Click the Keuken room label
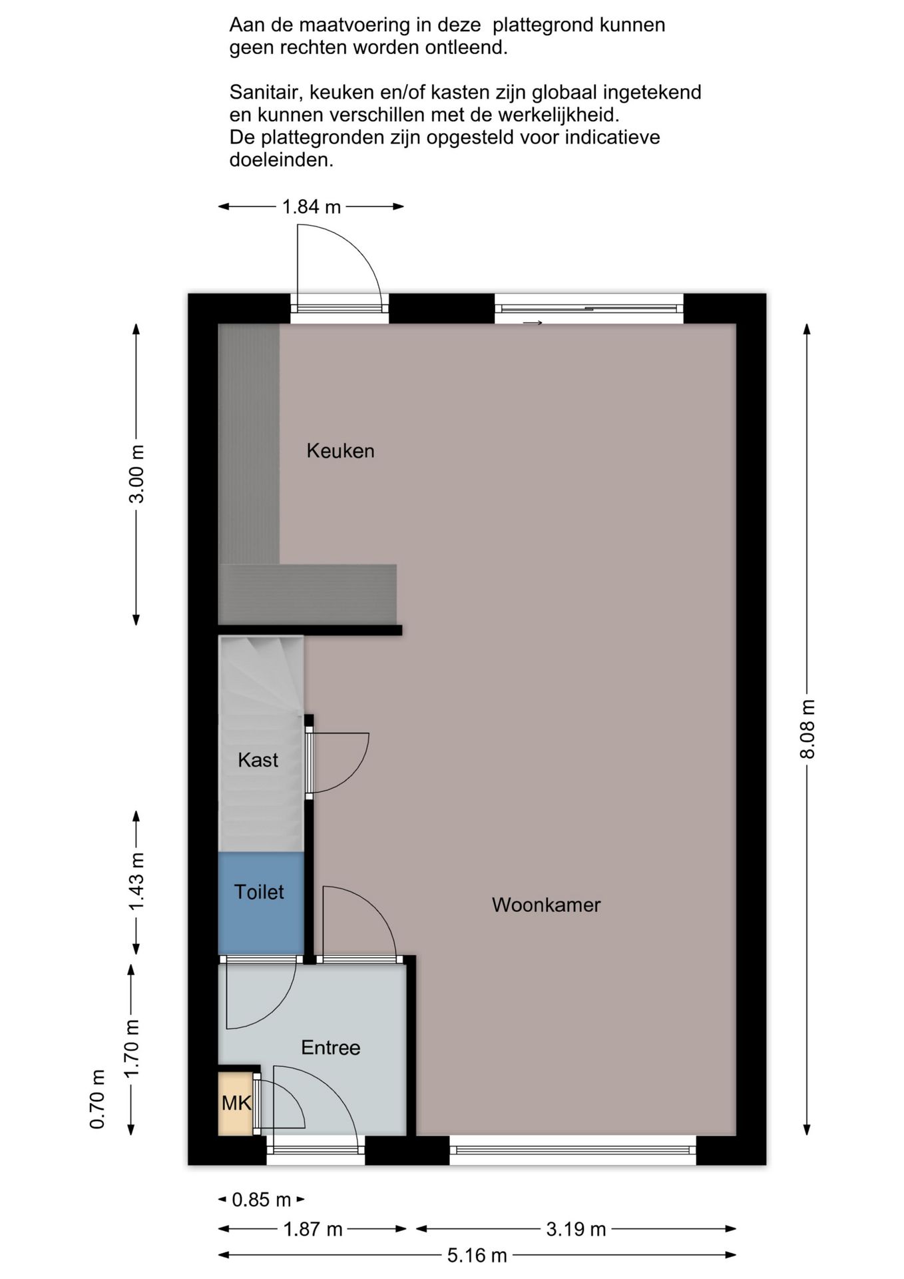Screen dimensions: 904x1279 coord(340,451)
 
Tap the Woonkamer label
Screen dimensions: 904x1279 coord(546,905)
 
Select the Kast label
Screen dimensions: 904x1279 coord(258,760)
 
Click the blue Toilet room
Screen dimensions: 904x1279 coord(261,903)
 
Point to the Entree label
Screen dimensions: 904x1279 coord(330,1047)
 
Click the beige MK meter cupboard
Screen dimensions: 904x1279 coord(236,1103)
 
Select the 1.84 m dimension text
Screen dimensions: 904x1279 coord(312,207)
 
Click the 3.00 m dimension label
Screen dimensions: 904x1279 coord(136,474)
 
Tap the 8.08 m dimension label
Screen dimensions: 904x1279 coord(807,729)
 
